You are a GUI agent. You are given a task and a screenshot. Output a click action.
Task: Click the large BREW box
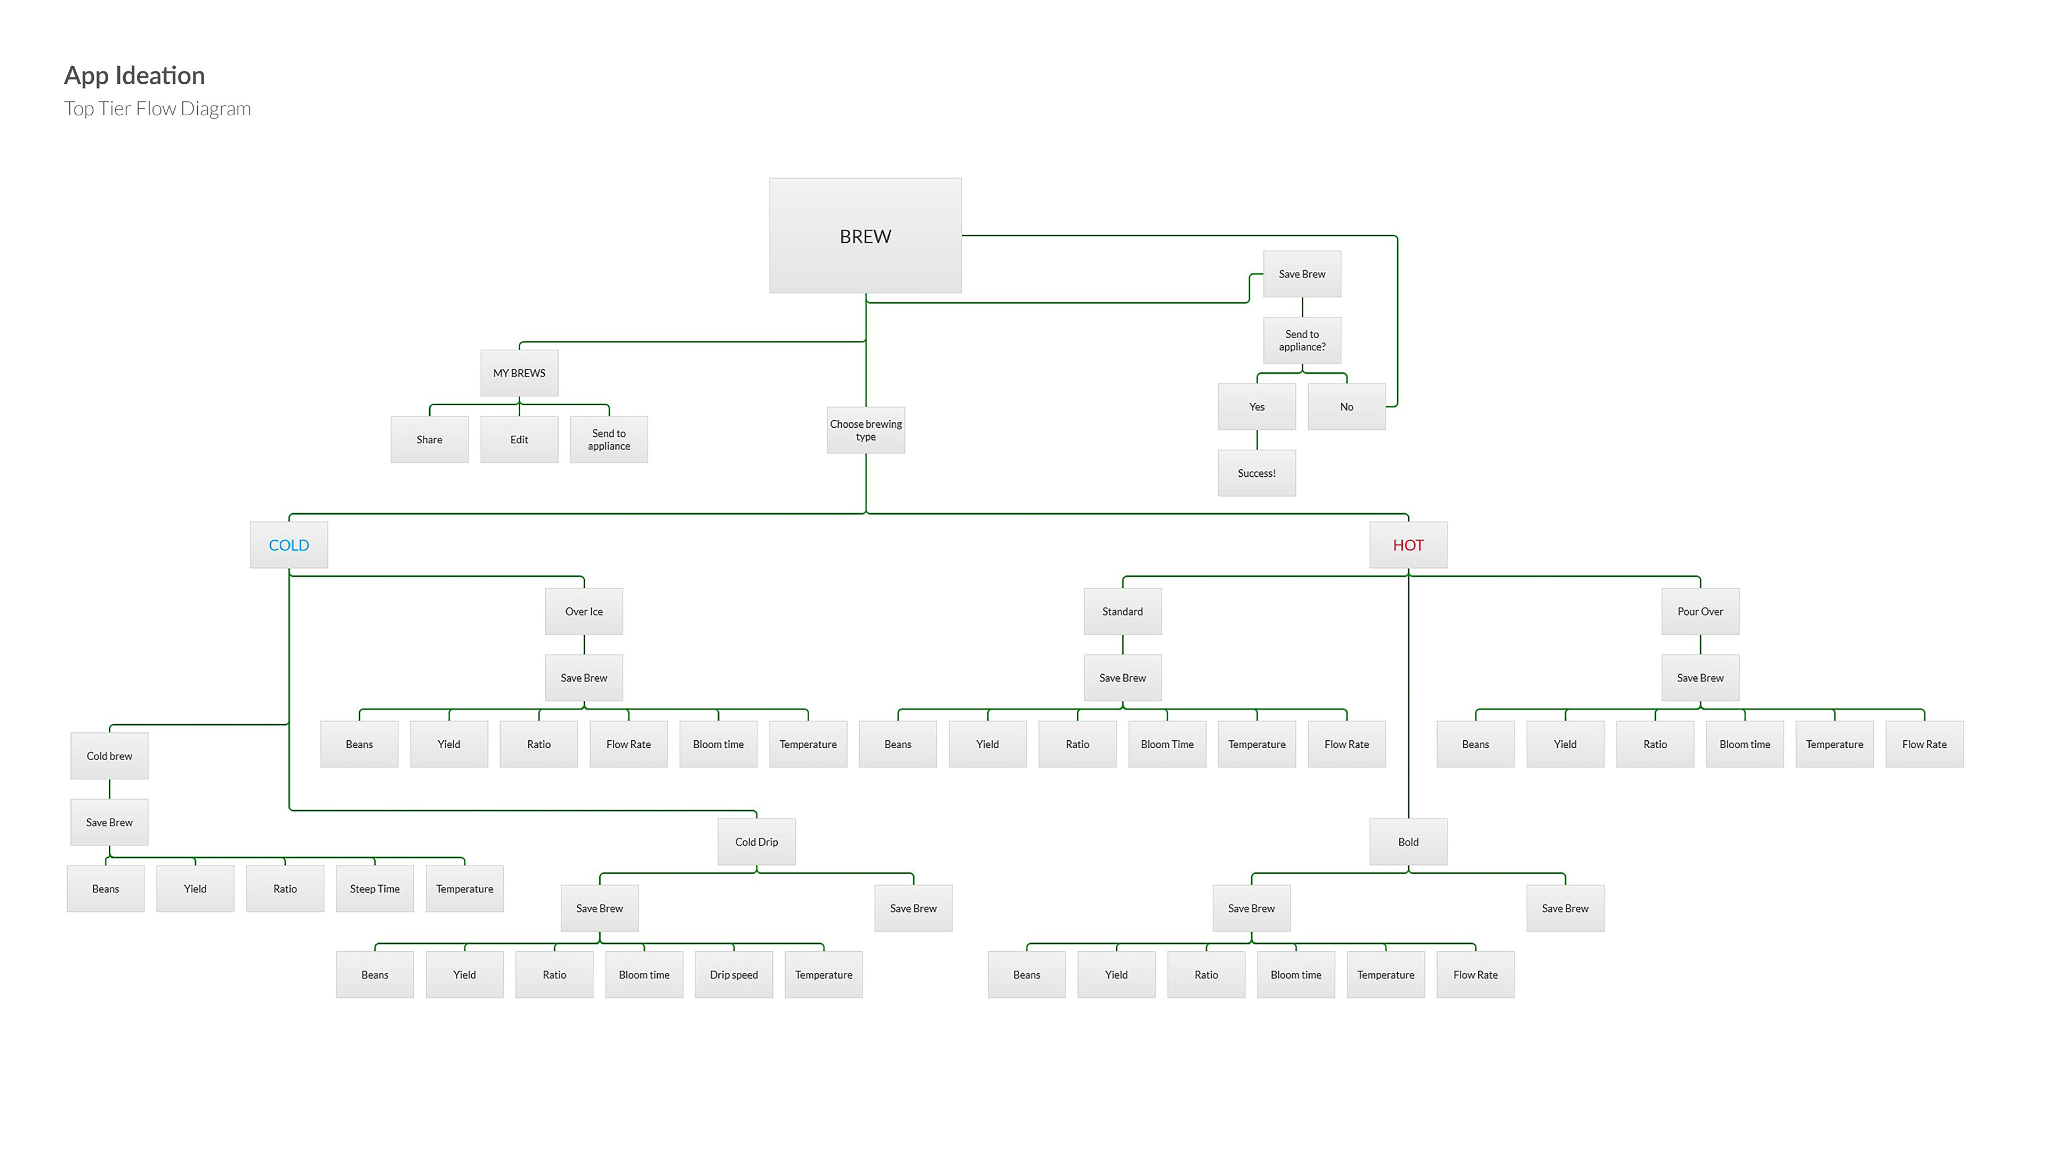pyautogui.click(x=865, y=236)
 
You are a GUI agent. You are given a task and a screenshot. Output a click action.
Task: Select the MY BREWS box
pyautogui.click(x=519, y=373)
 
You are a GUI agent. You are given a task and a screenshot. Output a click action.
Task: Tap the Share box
pyautogui.click(x=429, y=439)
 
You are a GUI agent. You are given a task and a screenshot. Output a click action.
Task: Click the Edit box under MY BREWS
pyautogui.click(x=519, y=439)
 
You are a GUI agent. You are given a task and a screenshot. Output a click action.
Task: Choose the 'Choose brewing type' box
pyautogui.click(x=865, y=430)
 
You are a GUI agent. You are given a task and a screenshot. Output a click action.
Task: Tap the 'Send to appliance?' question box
pyautogui.click(x=1302, y=340)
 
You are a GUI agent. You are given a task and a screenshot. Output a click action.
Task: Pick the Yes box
pyautogui.click(x=1256, y=407)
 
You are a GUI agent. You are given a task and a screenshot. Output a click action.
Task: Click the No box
pyautogui.click(x=1346, y=407)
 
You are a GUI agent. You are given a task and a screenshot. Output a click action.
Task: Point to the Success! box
pyautogui.click(x=1256, y=473)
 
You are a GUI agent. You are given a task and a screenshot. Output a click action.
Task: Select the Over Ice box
pyautogui.click(x=583, y=611)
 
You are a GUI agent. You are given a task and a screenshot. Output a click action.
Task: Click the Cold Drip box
pyautogui.click(x=756, y=842)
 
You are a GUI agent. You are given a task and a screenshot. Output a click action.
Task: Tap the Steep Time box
pyautogui.click(x=374, y=889)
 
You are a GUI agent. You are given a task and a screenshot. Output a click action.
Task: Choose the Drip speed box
pyautogui.click(x=734, y=975)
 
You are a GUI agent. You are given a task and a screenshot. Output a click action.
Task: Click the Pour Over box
pyautogui.click(x=1700, y=611)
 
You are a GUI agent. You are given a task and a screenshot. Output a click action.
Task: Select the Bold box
pyautogui.click(x=1407, y=842)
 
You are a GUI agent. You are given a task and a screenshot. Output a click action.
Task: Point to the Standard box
pyautogui.click(x=1122, y=611)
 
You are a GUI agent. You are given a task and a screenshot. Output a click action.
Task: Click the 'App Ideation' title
pyautogui.click(x=134, y=76)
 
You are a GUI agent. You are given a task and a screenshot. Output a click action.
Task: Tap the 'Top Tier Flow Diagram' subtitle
pyautogui.click(x=157, y=109)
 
